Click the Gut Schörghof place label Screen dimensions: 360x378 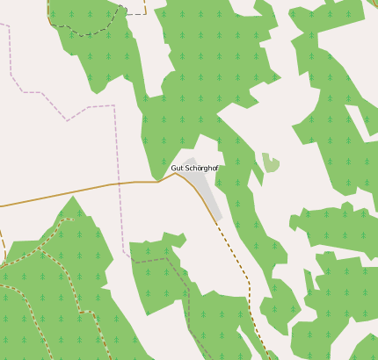[193, 168]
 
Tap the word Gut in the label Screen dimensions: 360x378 [176, 168]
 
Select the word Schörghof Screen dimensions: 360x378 [200, 168]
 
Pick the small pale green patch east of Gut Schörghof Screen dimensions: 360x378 [271, 162]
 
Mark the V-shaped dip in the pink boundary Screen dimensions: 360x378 [67, 120]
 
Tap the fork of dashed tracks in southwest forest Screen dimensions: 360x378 [44, 246]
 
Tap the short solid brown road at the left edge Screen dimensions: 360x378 [2, 246]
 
